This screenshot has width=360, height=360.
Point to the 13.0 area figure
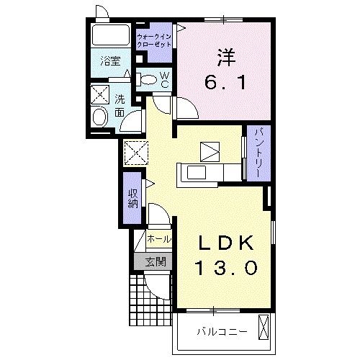tap(225, 270)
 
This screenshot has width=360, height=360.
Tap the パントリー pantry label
tap(257, 153)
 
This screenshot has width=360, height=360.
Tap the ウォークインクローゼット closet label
tap(153, 39)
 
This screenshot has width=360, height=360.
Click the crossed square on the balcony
tap(264, 328)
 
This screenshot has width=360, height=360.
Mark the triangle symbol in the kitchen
tap(210, 150)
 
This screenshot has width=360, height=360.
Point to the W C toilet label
tap(164, 79)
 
